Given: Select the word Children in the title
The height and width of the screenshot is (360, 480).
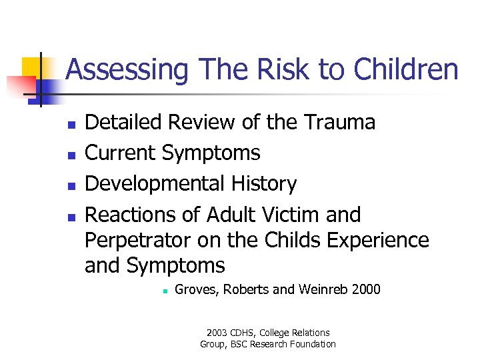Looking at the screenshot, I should pyautogui.click(x=407, y=69).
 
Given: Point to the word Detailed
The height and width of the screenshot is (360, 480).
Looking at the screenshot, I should pyautogui.click(x=125, y=123).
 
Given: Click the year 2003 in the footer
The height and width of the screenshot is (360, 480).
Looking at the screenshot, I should pyautogui.click(x=217, y=333).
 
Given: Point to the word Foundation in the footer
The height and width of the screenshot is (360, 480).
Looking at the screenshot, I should pyautogui.click(x=312, y=344).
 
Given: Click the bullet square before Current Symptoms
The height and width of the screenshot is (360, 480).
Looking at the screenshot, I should pyautogui.click(x=70, y=155).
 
